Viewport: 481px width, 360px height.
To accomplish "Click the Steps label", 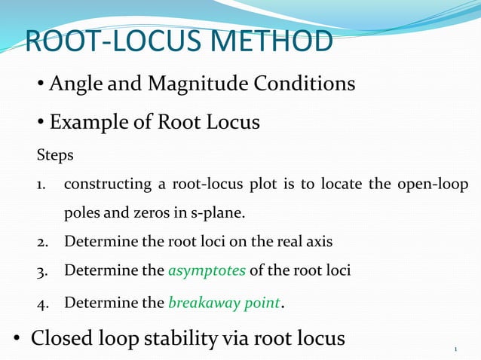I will click(56, 156).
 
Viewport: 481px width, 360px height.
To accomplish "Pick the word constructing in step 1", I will click(112, 185).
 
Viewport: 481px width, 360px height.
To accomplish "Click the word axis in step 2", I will click(317, 242).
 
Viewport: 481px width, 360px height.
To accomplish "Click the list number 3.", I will click(41, 270).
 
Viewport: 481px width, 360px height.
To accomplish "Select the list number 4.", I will click(41, 304).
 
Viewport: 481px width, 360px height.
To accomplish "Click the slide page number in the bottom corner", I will click(457, 349).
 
